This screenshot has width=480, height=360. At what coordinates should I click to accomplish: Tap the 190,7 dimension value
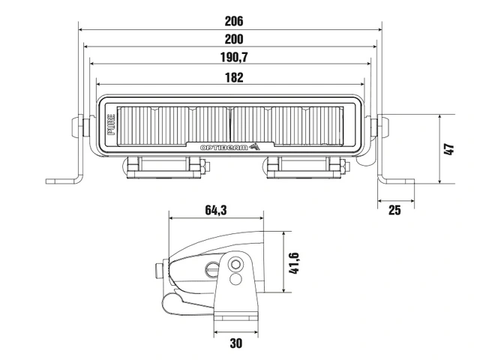tap(232, 58)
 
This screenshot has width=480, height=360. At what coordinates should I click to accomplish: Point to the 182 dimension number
tap(232, 76)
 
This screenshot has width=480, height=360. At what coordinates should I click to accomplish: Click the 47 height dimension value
tap(450, 149)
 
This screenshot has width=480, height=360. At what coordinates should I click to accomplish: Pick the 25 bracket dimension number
tap(394, 211)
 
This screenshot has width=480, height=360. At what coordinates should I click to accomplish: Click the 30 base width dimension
tap(236, 343)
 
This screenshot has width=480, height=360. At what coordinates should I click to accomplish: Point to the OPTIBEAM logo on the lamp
tap(229, 146)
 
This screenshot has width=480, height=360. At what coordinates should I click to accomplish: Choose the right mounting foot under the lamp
tap(304, 169)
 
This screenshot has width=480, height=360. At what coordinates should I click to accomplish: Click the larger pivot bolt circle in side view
tap(236, 264)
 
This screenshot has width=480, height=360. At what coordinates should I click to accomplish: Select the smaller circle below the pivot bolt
tap(236, 280)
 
